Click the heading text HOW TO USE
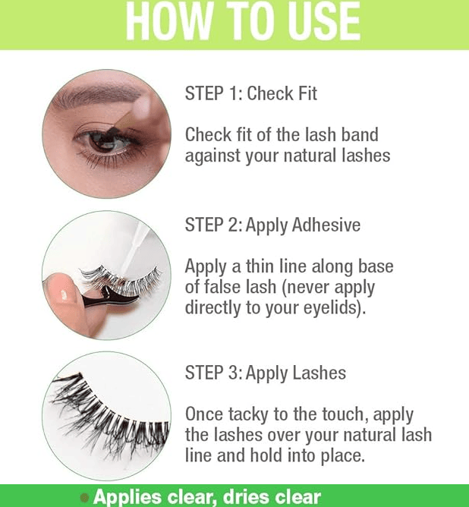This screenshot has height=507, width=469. [243, 22]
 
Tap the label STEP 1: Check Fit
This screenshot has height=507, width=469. [251, 93]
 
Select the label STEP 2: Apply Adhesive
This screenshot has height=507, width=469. [272, 225]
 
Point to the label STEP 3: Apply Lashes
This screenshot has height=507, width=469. [266, 373]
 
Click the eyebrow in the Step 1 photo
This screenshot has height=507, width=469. [97, 96]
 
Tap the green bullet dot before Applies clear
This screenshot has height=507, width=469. [84, 497]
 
